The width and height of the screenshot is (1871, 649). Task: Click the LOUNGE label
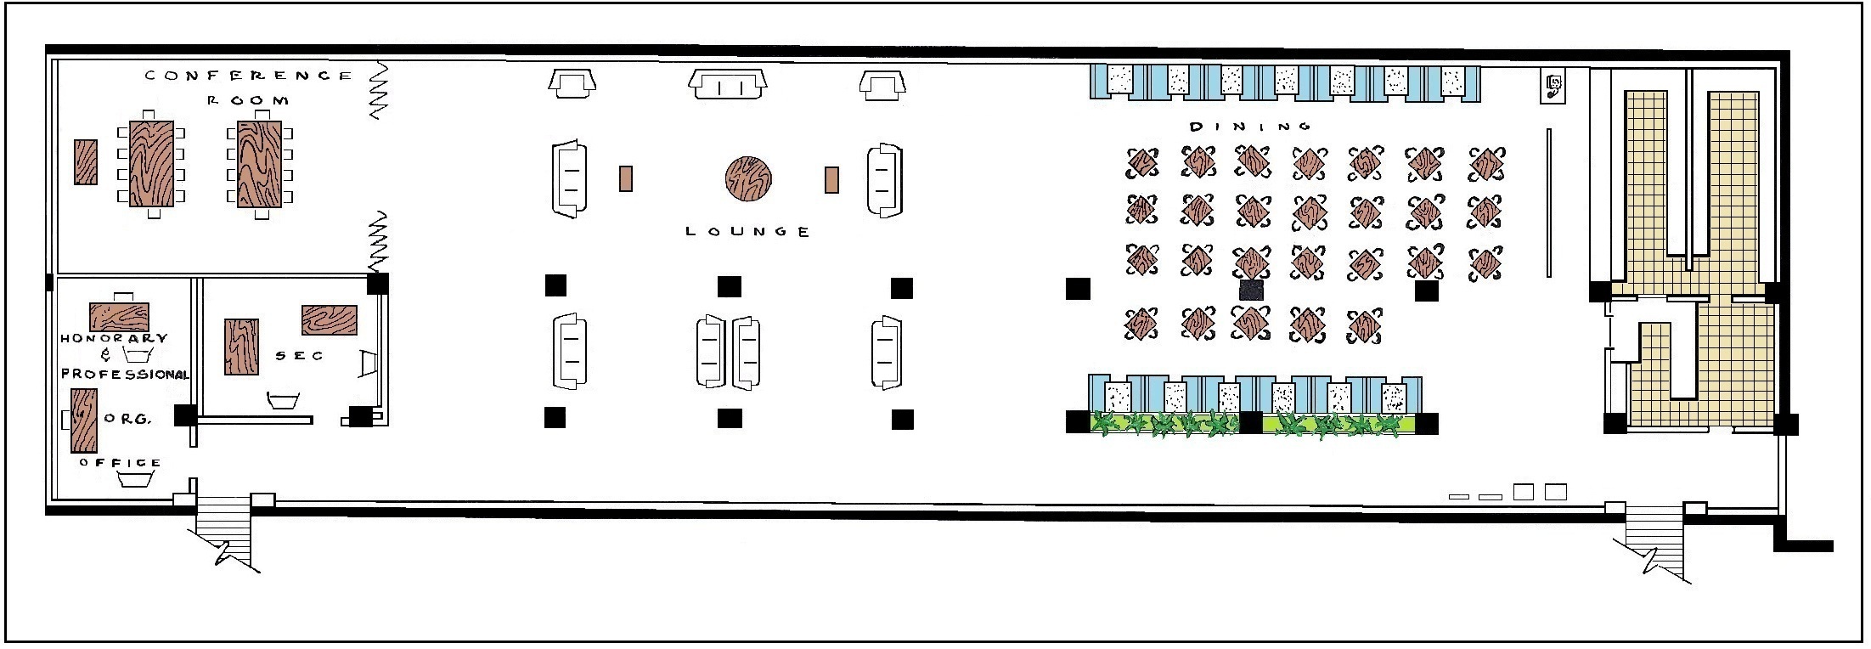point(747,231)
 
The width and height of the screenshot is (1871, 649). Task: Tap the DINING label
point(1250,127)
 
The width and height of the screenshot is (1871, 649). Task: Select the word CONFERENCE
point(248,76)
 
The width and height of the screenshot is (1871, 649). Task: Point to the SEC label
point(299,356)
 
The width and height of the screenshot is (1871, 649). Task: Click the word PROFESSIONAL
point(125,375)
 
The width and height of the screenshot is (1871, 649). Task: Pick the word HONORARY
point(114,338)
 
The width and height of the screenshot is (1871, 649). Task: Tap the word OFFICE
point(120,463)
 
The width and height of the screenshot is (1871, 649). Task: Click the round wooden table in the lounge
point(748,179)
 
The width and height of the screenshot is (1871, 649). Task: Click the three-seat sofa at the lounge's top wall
point(728,83)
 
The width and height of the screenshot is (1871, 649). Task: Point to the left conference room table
point(151,164)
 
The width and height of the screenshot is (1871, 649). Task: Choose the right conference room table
point(259,164)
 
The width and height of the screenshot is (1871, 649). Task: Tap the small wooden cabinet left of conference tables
point(85,162)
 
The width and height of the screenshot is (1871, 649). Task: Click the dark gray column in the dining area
point(1251,290)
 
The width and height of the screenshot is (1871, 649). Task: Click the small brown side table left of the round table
point(626,178)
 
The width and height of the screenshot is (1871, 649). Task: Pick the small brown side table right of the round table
point(831,179)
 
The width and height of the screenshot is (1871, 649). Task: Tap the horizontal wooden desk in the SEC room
point(329,320)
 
